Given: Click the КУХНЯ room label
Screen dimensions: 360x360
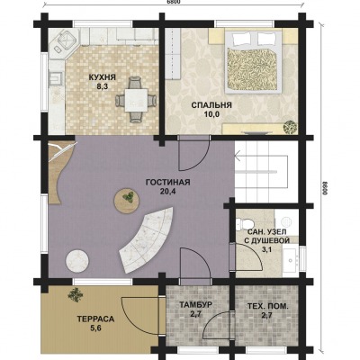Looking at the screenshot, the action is coord(102,77).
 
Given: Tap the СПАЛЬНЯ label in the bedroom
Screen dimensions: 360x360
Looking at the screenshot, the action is coord(211,105).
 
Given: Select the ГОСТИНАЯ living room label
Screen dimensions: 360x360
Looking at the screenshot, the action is coord(167,182).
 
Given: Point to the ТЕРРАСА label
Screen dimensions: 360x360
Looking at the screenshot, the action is coord(95,319).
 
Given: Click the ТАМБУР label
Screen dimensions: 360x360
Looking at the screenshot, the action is coord(196,305).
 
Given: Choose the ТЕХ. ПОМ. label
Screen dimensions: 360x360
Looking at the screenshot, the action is coord(268,306).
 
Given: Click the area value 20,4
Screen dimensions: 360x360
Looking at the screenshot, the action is coord(167,192).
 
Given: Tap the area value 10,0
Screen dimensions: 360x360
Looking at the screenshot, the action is coord(211,114).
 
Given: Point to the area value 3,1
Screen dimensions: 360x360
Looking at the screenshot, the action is coord(266,249).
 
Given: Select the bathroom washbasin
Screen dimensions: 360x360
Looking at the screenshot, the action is coord(291,259).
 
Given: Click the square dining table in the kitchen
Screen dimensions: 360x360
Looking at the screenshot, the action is coord(136,101).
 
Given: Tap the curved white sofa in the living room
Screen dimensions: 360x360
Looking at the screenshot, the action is coord(147,240).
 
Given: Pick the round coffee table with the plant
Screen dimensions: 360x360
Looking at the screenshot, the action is coord(127,201).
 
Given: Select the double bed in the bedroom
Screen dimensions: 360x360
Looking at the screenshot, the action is coord(254,61).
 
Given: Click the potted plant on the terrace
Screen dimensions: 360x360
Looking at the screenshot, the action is coord(76,295).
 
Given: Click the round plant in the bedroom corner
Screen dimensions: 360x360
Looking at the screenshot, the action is coord(291,127).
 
